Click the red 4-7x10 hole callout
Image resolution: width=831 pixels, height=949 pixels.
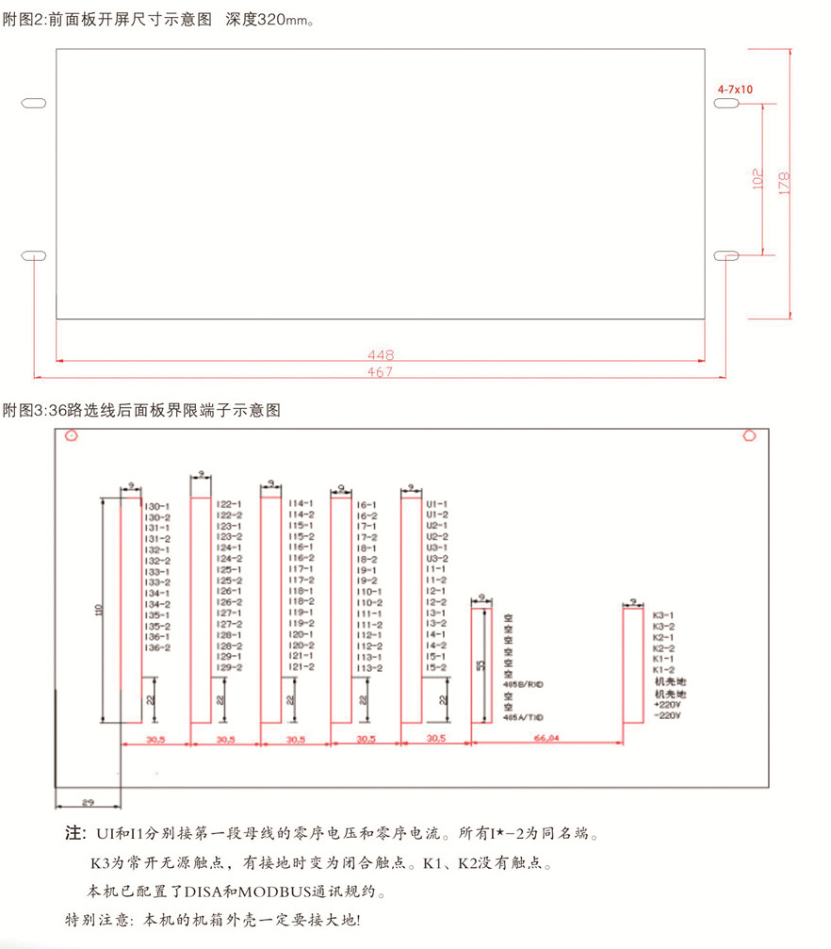coord(735,89)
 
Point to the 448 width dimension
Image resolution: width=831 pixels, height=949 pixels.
coord(382,355)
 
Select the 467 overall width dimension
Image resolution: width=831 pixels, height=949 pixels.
coord(382,371)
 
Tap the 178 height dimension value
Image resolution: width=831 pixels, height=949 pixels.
coord(784,181)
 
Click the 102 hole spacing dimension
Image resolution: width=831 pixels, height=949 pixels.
coord(757,179)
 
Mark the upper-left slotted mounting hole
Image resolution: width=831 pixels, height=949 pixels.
coord(33,102)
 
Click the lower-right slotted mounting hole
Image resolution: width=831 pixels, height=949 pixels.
coord(725,255)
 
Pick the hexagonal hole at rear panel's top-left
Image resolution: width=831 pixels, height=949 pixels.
coord(72,435)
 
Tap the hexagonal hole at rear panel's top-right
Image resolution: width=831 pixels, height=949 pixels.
coord(750,435)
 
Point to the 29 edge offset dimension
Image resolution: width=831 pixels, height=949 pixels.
coord(88,802)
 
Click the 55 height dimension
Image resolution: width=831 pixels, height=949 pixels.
coord(481,665)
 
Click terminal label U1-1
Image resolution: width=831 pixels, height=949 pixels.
coord(436,504)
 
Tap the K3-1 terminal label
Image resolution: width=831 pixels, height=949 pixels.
coord(663,615)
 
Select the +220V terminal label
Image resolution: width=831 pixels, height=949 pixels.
coord(666,705)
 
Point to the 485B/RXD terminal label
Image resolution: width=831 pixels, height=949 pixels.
coord(525,683)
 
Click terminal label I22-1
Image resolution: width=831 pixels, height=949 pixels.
coord(229,504)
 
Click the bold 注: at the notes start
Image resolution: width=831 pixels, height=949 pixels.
coord(74,834)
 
